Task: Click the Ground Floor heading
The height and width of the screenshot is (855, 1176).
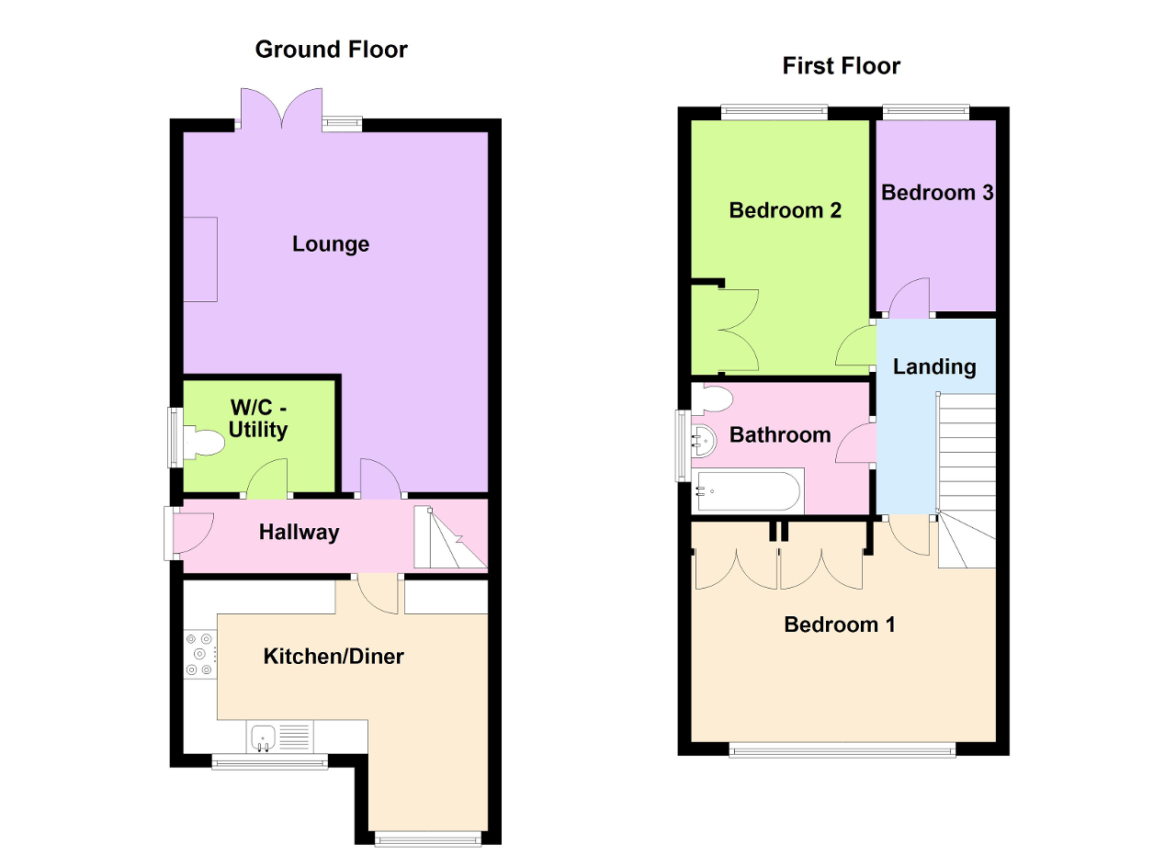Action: click(x=331, y=49)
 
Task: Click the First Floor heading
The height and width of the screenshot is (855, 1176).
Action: click(x=841, y=66)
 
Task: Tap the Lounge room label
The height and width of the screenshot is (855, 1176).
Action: click(x=331, y=244)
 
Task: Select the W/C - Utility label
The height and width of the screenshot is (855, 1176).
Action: click(x=258, y=419)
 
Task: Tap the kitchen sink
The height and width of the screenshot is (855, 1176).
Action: click(x=264, y=737)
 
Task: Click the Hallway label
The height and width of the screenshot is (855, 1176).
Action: click(x=299, y=532)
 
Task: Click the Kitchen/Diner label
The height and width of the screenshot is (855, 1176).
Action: click(x=334, y=656)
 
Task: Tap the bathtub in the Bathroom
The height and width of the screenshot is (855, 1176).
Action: click(x=748, y=491)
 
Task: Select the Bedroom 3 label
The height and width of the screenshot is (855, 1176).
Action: click(x=937, y=193)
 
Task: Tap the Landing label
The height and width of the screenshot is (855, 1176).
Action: click(x=934, y=366)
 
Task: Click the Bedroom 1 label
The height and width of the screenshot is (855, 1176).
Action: click(x=839, y=624)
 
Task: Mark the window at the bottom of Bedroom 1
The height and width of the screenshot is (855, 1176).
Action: click(x=842, y=750)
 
